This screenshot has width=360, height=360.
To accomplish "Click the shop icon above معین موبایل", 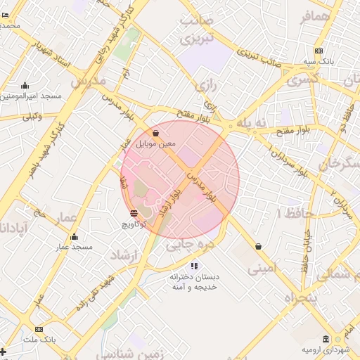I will tap(155, 132).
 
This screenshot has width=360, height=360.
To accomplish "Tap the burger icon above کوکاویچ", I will tap(134, 212).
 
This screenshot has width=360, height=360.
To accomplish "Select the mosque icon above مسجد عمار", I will tap(75, 236).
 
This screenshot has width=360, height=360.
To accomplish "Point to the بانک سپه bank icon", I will tap(319, 51).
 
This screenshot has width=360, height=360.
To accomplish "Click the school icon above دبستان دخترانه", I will tap(194, 266).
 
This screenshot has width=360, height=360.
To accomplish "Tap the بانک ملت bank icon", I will tap(39, 329).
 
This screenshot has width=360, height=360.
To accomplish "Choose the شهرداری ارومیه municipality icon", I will tap(325, 339).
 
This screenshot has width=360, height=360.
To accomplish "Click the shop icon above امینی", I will tap(259, 247).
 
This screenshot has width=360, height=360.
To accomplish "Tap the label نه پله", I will tap(253, 122).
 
